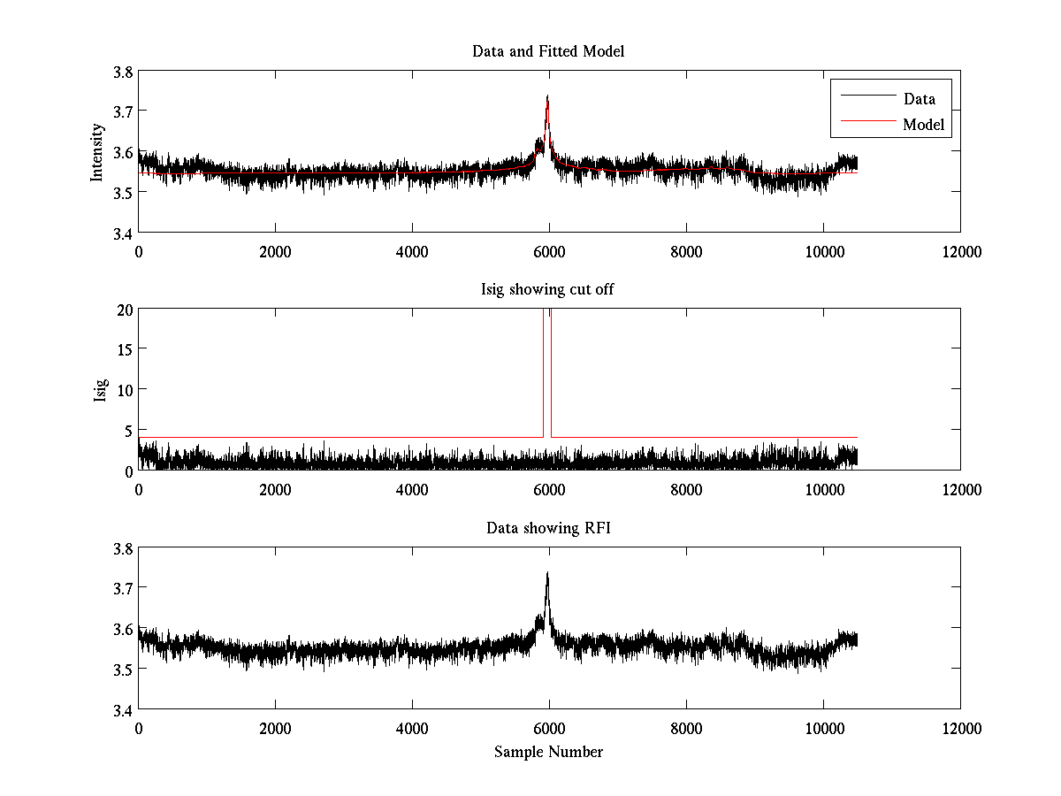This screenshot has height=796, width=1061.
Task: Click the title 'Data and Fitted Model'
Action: pyautogui.click(x=548, y=51)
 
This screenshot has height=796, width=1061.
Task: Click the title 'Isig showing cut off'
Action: pyautogui.click(x=548, y=289)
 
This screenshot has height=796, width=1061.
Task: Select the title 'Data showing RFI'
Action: pyautogui.click(x=548, y=528)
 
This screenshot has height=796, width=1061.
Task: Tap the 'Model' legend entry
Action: pyautogui.click(x=923, y=125)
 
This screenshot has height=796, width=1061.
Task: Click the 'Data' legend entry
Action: pyautogui.click(x=919, y=99)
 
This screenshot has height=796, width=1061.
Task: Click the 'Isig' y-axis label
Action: pyautogui.click(x=101, y=390)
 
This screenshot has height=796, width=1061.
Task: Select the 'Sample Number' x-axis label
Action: pyautogui.click(x=548, y=752)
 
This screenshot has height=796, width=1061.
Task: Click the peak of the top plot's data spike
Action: pyautogui.click(x=547, y=96)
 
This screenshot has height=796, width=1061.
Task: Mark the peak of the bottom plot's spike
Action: pyautogui.click(x=547, y=572)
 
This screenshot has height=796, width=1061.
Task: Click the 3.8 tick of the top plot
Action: pyautogui.click(x=123, y=72)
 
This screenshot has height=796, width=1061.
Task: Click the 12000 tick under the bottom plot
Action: pyautogui.click(x=960, y=728)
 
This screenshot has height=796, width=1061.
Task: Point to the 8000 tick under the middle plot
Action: pyautogui.click(x=686, y=489)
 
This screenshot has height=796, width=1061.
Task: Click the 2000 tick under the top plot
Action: pyautogui.click(x=275, y=251)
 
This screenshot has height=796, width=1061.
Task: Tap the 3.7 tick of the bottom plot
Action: pyautogui.click(x=123, y=588)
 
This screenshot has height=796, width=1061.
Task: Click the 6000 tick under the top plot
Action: pyautogui.click(x=549, y=251)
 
